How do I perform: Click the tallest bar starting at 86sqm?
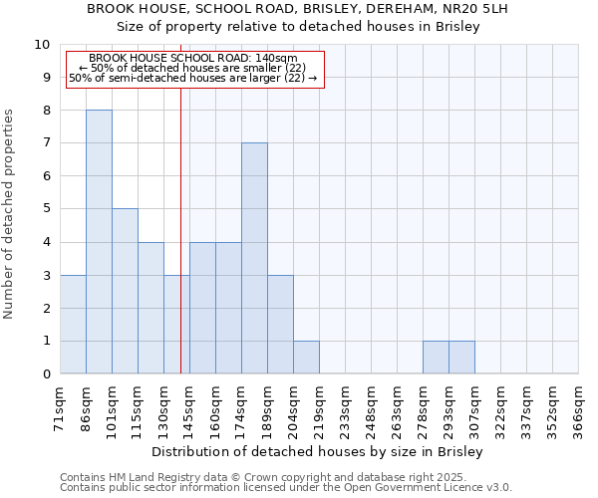point(99,242)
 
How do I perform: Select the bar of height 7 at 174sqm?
point(254,259)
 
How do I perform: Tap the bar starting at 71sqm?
point(73,325)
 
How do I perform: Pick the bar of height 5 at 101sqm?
point(125,292)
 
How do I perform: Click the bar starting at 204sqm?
point(306,358)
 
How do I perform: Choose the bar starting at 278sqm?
point(436,358)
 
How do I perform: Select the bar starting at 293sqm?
point(461,358)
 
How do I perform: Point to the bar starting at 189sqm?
point(280,325)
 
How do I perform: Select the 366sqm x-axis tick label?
point(578,407)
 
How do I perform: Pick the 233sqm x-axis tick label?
point(345,407)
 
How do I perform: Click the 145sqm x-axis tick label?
point(189,407)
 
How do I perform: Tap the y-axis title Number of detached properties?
point(10,215)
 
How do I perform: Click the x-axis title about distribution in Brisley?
point(319,452)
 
